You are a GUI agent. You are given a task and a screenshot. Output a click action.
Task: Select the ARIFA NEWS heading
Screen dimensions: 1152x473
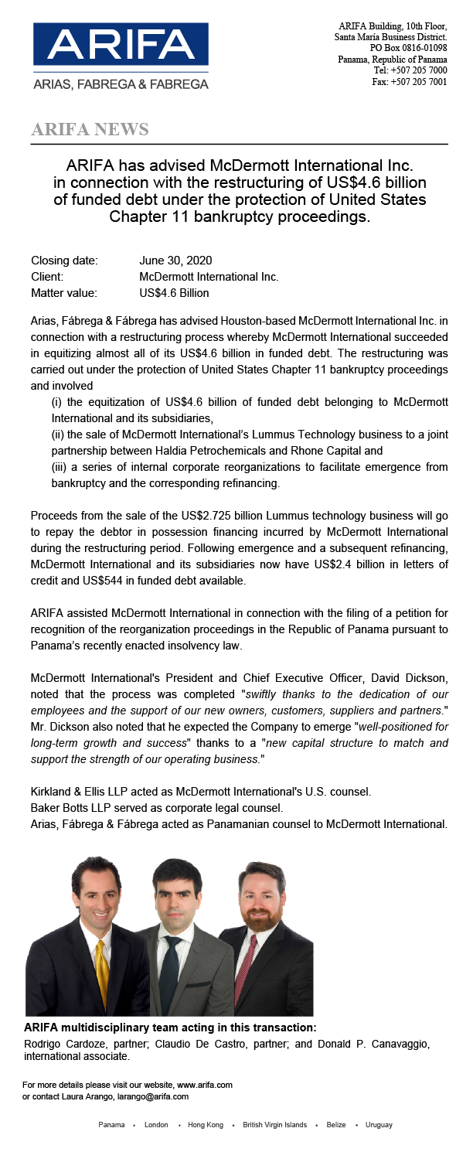click(x=90, y=129)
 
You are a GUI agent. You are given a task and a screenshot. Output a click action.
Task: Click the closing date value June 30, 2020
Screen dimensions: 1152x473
click(x=175, y=261)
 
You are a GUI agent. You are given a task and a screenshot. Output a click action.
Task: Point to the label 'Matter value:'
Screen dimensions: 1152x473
click(x=64, y=293)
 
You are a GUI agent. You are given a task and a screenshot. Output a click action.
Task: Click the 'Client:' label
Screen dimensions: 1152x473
click(x=47, y=277)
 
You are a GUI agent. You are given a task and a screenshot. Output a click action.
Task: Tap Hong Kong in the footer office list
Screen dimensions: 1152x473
click(x=206, y=1124)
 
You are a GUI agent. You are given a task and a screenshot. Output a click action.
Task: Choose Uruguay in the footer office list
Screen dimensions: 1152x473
click(x=379, y=1124)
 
